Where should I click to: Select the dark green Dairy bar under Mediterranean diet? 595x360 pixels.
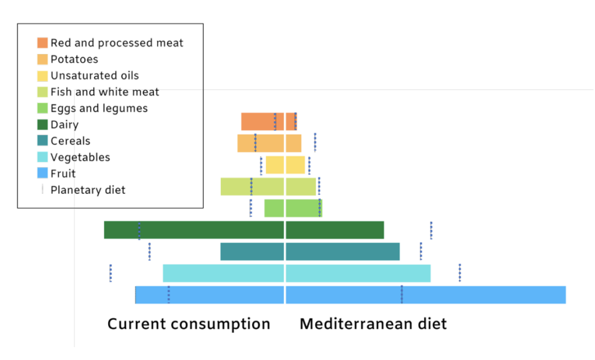tap(335, 230)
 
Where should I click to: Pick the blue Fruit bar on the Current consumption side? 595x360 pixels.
tap(210, 295)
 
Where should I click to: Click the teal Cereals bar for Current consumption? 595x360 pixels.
tap(252, 251)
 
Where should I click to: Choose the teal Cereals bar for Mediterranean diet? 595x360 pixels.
tap(343, 251)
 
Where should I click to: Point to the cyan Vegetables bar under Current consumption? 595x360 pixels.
tap(223, 273)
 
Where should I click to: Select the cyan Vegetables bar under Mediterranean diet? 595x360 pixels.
tap(358, 273)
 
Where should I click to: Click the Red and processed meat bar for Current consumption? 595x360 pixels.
tap(262, 121)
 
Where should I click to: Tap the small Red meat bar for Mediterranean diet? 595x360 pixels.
tap(292, 121)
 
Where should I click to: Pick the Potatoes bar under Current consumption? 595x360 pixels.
tap(260, 143)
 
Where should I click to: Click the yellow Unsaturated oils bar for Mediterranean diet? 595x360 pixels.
tap(295, 165)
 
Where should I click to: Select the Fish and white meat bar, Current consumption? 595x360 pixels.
tap(252, 186)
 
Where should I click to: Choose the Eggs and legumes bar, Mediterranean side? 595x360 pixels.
tap(304, 208)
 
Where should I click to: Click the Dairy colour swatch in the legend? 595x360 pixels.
tap(42, 124)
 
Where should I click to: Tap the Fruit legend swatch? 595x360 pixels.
tap(42, 173)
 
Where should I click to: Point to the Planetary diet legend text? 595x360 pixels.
tap(88, 190)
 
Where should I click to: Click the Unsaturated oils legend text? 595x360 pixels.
tap(95, 75)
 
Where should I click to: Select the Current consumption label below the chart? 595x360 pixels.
tap(189, 324)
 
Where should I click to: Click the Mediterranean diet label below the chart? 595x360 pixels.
tap(373, 324)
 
